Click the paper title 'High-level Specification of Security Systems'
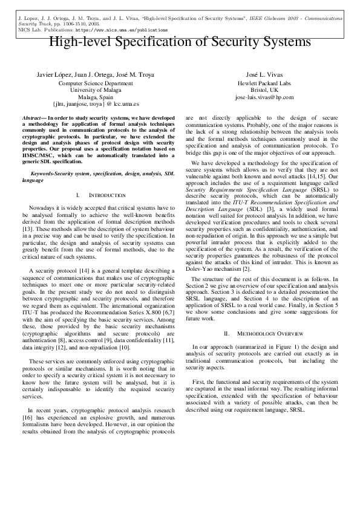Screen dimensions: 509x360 (180, 42)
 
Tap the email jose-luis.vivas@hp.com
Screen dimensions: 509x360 (264, 97)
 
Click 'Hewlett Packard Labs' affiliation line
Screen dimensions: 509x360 (264, 82)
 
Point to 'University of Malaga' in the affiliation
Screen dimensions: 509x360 (96, 89)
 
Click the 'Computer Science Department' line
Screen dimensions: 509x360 (96, 82)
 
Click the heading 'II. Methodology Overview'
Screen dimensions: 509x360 (264, 333)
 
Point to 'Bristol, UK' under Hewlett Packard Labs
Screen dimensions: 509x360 (264, 89)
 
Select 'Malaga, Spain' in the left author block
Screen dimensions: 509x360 (96, 97)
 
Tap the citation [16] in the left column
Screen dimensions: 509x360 (27, 417)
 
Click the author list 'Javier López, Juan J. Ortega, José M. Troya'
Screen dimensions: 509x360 (96, 74)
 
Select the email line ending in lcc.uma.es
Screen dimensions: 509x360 (96, 104)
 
